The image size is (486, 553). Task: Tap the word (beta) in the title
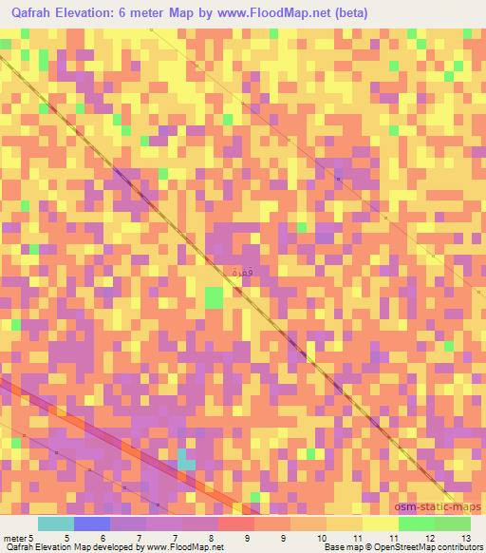(x=346, y=13)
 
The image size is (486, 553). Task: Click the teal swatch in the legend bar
(x=56, y=524)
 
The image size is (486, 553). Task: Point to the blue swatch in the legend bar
(x=92, y=524)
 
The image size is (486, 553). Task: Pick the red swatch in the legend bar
(x=236, y=524)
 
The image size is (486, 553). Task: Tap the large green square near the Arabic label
(x=215, y=298)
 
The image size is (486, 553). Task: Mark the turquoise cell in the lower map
(x=187, y=465)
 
